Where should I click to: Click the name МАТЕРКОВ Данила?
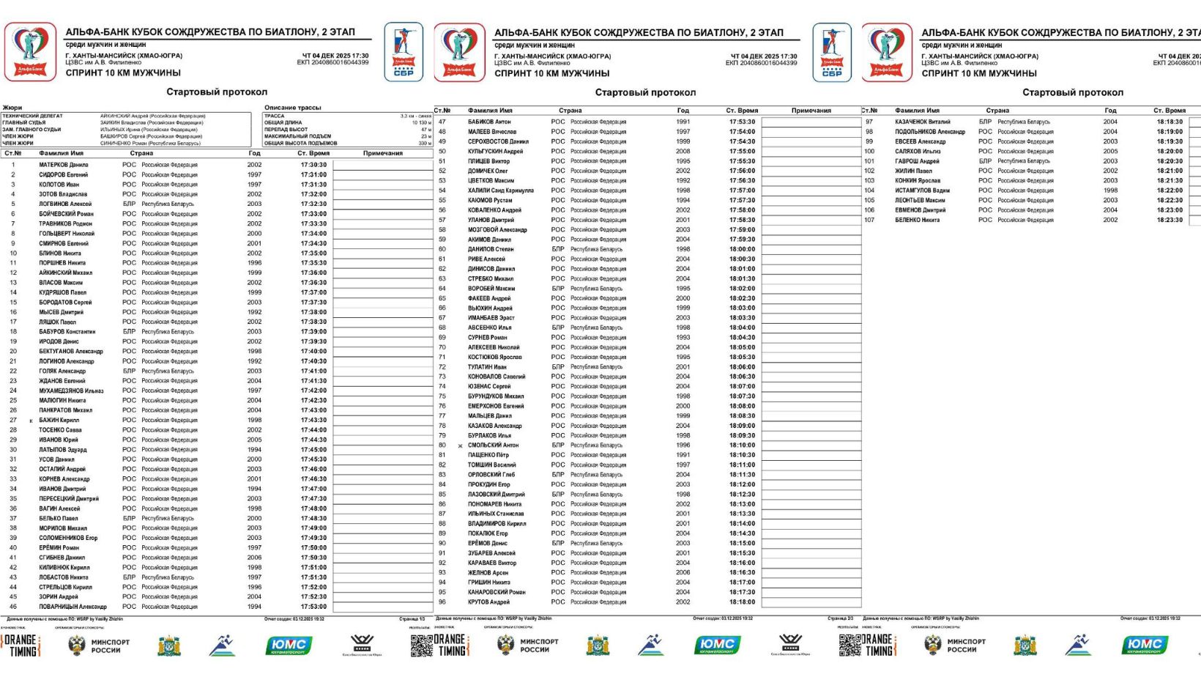coord(63,165)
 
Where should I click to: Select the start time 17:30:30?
coord(313,165)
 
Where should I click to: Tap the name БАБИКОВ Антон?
coord(489,122)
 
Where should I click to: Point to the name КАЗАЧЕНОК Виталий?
coord(923,122)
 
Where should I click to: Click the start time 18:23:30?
coord(1170,220)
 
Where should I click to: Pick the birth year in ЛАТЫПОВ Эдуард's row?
coord(254,450)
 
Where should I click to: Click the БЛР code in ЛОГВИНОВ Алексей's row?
coord(129,204)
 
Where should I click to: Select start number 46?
coord(13,607)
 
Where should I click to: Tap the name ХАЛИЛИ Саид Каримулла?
coord(501,190)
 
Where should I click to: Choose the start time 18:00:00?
coord(742,249)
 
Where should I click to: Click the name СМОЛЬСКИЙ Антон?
coord(493,445)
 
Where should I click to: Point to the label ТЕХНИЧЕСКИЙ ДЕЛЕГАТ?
coord(32,116)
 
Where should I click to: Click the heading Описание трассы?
coord(292,108)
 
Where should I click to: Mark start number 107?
coord(869,220)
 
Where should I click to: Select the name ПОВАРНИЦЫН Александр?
coord(72,607)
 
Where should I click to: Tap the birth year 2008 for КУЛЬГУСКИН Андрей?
coord(683,152)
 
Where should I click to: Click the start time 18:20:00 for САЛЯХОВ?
coord(1170,152)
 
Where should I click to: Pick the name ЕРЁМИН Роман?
coord(59,548)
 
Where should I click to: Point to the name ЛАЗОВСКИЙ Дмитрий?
coord(496,495)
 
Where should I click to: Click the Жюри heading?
coord(12,108)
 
